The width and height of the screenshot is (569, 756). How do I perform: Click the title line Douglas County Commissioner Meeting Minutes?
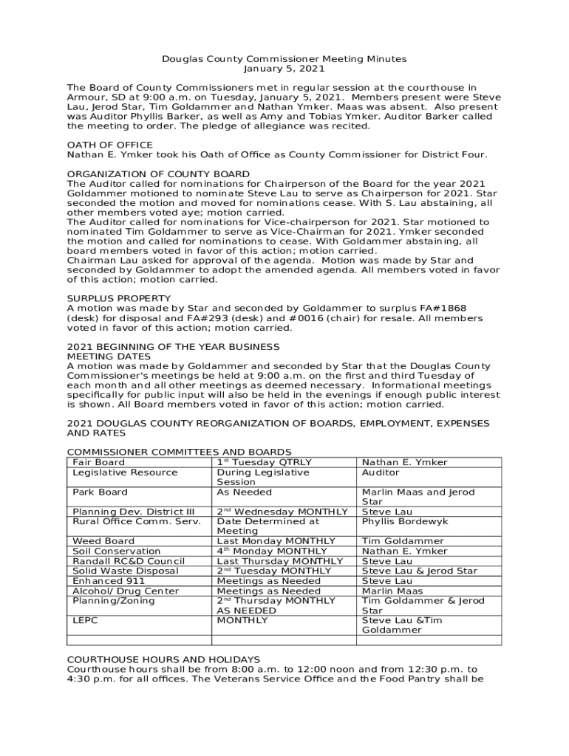[284, 59]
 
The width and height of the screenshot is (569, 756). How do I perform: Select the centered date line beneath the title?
[284, 69]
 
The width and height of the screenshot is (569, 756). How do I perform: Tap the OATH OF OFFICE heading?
[110, 145]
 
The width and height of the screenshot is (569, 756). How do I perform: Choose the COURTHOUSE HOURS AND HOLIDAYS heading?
[163, 659]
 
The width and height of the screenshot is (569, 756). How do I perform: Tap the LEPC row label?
[85, 621]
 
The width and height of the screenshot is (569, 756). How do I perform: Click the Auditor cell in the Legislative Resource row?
[381, 472]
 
